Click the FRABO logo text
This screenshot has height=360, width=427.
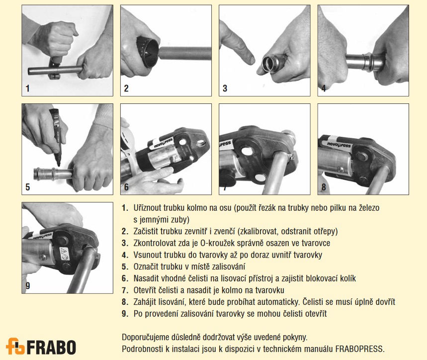(52, 347)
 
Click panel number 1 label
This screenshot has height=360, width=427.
(27, 88)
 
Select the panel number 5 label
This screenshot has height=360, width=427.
(27, 187)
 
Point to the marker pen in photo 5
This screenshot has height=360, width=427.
(55, 136)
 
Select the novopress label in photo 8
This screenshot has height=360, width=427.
(339, 144)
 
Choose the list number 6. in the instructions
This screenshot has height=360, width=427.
(125, 278)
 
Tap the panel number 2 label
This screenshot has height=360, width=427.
(126, 88)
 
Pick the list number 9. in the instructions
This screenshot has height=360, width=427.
(125, 314)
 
